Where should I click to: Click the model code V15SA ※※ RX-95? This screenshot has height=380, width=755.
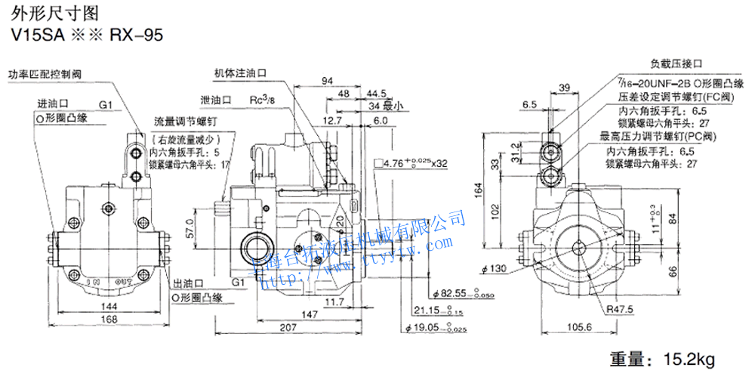[84, 35]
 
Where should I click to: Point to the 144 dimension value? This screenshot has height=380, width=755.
[111, 307]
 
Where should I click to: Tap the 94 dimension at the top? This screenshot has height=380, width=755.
[327, 80]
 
